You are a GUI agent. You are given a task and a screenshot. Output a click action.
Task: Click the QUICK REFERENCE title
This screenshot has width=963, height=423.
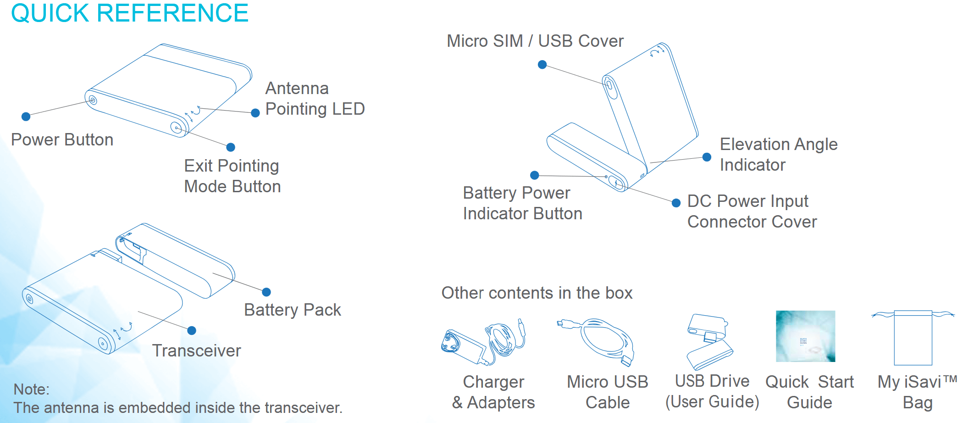click(x=130, y=13)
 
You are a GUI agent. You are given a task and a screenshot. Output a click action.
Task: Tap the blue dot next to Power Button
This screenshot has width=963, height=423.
click(x=26, y=117)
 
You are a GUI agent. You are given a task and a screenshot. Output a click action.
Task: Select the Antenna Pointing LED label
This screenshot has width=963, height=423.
click(x=315, y=99)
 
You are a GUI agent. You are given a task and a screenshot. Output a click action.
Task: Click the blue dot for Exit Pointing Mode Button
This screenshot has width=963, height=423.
click(x=231, y=147)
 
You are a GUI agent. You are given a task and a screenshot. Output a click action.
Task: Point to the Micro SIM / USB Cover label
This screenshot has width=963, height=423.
click(x=535, y=41)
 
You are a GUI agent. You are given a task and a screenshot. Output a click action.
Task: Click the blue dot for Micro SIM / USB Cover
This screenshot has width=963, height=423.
click(x=542, y=65)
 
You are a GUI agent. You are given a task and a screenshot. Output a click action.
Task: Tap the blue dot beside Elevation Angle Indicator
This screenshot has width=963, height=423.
click(x=707, y=157)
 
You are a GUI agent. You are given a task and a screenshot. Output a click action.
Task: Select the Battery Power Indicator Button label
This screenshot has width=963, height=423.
click(x=522, y=203)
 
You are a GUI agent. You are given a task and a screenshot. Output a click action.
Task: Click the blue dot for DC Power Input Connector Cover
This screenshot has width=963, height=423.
click(x=676, y=203)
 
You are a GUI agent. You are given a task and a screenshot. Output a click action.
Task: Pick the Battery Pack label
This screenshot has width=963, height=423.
click(x=293, y=310)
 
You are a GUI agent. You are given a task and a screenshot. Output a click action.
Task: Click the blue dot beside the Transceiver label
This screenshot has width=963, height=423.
click(x=192, y=330)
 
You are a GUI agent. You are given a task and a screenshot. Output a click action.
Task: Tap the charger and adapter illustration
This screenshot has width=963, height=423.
click(x=483, y=342)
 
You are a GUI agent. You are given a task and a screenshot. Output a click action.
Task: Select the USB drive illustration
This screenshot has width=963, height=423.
click(x=709, y=342)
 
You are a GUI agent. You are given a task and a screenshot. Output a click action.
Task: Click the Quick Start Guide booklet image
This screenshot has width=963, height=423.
click(x=805, y=336)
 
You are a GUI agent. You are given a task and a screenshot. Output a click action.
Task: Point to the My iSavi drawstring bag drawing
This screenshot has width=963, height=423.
click(x=913, y=338)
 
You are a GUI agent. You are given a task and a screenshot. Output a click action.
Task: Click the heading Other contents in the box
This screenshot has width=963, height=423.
click(x=537, y=293)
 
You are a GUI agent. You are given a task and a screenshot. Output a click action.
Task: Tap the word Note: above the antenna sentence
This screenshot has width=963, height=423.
click(x=32, y=390)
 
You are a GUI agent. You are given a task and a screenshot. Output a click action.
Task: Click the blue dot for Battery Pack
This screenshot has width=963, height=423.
click(x=266, y=292)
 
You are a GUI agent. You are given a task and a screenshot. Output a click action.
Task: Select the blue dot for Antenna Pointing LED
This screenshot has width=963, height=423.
click(x=255, y=113)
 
